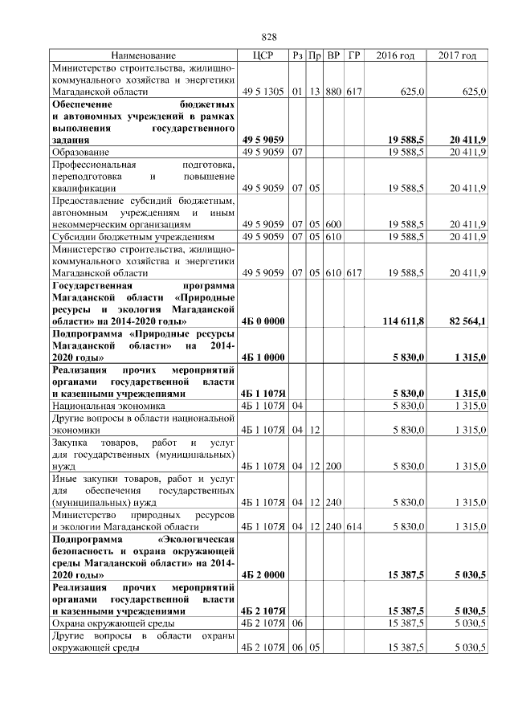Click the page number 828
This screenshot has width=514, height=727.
point(269,38)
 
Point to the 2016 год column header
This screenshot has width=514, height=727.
point(395,55)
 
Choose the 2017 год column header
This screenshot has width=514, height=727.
point(457,55)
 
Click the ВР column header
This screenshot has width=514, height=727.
point(333,55)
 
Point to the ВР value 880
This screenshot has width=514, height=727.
point(333,93)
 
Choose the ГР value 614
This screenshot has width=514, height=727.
point(354,526)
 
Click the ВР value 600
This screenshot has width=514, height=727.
point(333,224)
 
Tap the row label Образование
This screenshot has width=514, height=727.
point(81,151)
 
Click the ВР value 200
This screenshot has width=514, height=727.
point(333,466)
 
